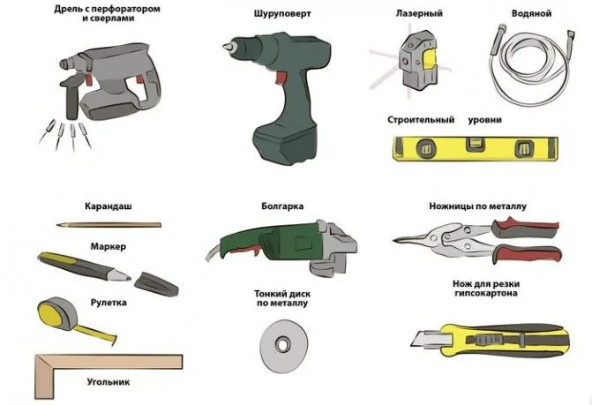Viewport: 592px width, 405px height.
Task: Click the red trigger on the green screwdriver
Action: [281, 78]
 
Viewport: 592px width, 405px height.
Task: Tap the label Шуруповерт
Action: [282, 14]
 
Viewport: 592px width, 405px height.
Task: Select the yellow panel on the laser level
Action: [430, 60]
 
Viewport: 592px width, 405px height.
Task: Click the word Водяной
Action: [531, 13]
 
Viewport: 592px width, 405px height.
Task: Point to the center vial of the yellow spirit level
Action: [476, 145]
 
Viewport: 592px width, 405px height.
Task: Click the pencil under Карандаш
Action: [109, 225]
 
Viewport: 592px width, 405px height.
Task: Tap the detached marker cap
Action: [156, 284]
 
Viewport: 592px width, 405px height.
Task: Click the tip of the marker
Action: [128, 279]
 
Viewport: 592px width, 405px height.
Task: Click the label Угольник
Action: [109, 382]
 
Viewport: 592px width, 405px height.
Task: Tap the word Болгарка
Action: [282, 206]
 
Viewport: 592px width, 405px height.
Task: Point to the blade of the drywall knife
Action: [427, 340]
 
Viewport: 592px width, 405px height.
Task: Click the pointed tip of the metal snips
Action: [394, 240]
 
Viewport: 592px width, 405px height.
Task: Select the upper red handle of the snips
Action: [526, 226]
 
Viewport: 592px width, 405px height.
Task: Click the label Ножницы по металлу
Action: [477, 206]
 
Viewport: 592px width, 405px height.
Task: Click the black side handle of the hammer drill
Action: [71, 95]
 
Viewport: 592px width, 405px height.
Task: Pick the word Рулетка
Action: [109, 303]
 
